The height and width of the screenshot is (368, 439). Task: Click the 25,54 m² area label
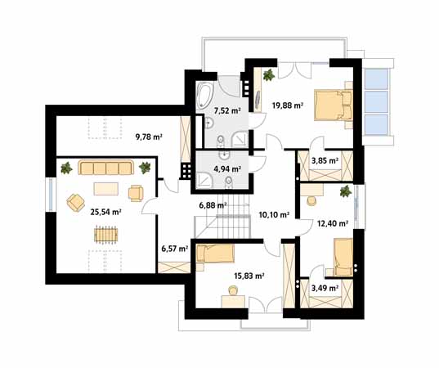coord(105,212)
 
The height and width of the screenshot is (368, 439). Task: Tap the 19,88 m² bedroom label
coord(288,105)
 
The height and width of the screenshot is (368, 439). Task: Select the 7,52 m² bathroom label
coord(227,111)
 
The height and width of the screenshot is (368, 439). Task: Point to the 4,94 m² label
coord(227,169)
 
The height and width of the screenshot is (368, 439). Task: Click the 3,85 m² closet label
coord(325,161)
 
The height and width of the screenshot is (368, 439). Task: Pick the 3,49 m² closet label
coord(325,288)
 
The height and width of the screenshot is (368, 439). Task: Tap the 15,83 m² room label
coord(249,276)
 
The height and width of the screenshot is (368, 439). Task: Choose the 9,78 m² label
coord(150,137)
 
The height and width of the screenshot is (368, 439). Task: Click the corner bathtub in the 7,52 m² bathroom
coord(205,96)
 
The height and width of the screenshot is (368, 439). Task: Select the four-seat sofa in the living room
coord(105,168)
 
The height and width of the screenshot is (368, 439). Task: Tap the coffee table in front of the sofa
coord(105,188)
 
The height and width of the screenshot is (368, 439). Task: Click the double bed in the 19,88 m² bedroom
coord(334,105)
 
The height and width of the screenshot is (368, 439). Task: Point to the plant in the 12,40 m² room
coord(346,191)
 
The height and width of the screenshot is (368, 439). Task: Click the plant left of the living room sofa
coord(67,168)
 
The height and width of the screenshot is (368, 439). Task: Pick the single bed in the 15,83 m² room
coord(215,254)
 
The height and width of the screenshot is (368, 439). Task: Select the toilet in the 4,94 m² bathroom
coord(229,182)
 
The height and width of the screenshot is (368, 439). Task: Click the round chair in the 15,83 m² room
coord(233,290)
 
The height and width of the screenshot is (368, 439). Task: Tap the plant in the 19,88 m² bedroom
coord(269,75)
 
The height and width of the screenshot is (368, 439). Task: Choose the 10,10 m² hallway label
coord(274,215)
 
